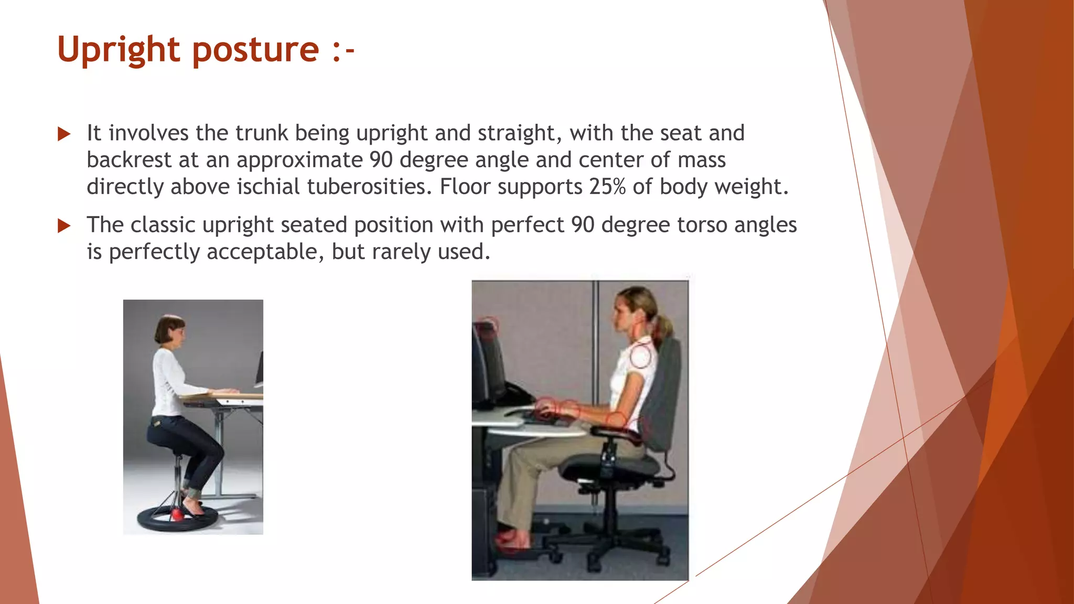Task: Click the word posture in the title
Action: (256, 50)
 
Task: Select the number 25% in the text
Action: (607, 187)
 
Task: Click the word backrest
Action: (128, 160)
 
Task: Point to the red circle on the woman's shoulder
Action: (640, 357)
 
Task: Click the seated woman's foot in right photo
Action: (511, 540)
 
